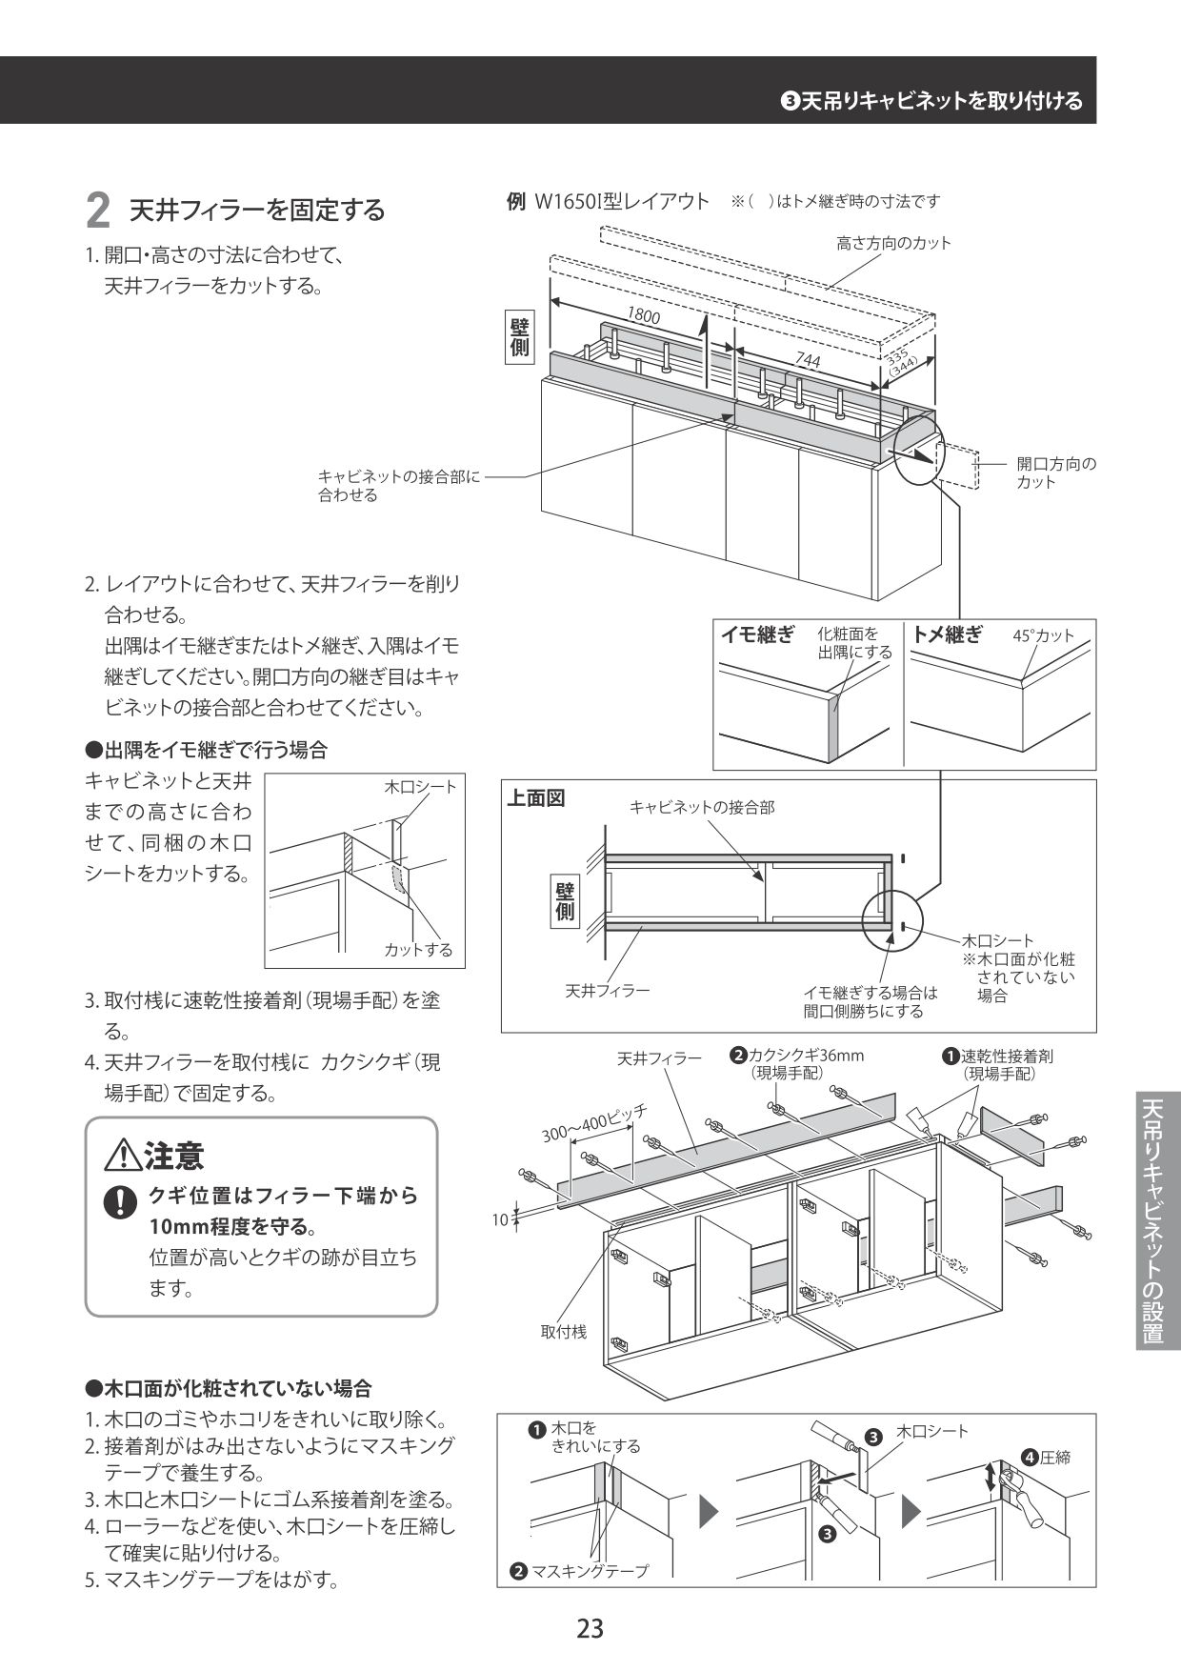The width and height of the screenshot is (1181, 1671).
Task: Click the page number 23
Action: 590,1628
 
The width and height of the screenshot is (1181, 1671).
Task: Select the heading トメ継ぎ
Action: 947,635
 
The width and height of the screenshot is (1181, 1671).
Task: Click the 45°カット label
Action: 1043,636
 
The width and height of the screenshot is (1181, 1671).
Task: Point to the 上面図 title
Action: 534,798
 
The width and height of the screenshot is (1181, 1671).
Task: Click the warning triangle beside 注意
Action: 125,1157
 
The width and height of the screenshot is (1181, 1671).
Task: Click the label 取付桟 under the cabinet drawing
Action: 564,1332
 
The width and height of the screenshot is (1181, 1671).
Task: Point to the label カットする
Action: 418,950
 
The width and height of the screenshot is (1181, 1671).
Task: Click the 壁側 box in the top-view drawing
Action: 565,900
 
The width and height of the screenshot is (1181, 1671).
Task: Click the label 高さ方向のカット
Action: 893,243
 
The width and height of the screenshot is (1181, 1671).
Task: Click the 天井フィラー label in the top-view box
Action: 608,991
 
